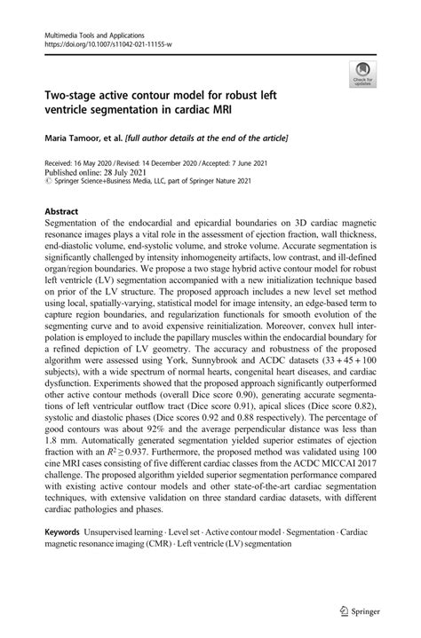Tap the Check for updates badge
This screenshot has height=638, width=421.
coord(361,75)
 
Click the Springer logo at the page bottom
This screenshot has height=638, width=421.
coord(360,612)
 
